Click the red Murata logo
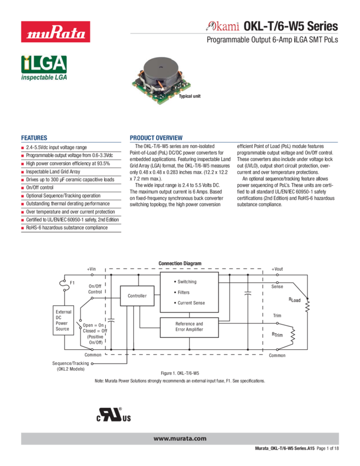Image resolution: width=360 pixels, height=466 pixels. point(55,31)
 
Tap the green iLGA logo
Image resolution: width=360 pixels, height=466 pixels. point(44,68)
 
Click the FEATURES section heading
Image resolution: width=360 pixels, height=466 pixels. point(34,138)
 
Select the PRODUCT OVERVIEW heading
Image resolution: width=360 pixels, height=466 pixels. point(156,138)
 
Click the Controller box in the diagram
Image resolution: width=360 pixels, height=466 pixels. point(137,296)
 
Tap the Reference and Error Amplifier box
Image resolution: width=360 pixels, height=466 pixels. point(189,327)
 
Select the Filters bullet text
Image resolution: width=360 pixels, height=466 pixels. point(182,292)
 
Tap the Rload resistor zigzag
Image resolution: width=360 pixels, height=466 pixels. point(307,305)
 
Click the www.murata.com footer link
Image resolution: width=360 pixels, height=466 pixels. point(180,439)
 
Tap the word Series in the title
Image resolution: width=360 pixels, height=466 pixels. point(323,26)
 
